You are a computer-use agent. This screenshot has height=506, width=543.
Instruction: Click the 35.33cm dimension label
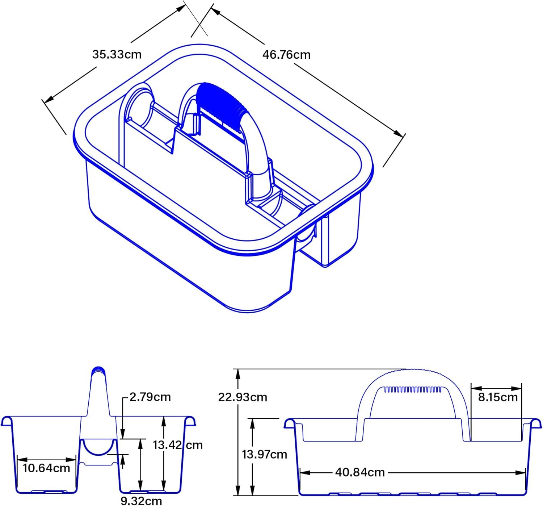[x=117, y=54]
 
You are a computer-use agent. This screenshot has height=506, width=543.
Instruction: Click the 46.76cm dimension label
[x=286, y=55]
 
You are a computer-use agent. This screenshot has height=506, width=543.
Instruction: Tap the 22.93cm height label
[x=243, y=397]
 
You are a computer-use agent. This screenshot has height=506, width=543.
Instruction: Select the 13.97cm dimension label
[x=264, y=455]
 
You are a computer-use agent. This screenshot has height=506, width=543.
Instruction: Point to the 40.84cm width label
[x=360, y=473]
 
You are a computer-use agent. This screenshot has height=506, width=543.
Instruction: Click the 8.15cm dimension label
[x=498, y=397]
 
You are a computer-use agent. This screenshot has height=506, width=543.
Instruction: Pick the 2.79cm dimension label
[x=150, y=397]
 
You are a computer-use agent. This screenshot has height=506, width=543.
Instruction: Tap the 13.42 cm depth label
[x=178, y=445]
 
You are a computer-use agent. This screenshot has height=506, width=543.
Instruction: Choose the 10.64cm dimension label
[x=46, y=468]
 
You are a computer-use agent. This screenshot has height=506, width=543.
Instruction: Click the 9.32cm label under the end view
[x=141, y=501]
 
